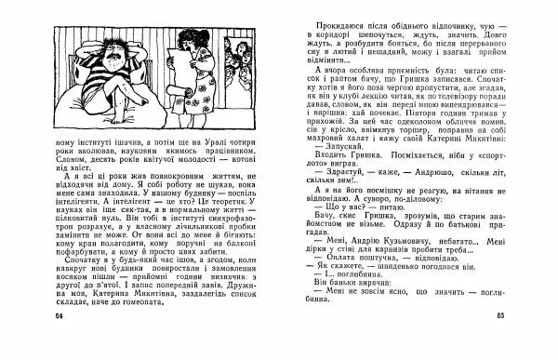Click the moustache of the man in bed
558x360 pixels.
(109, 62)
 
